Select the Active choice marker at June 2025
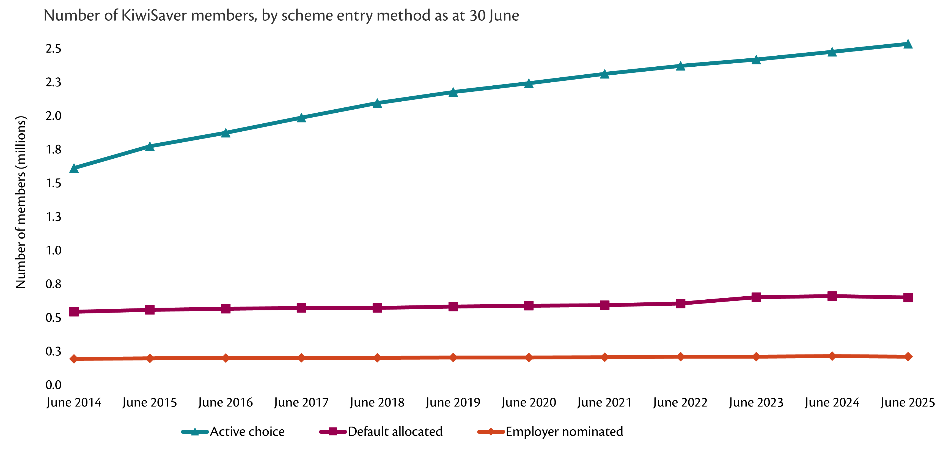tap(908, 44)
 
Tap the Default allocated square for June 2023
tap(756, 297)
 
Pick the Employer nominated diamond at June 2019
tap(453, 357)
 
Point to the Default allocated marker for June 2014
tap(74, 312)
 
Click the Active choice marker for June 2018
tap(377, 103)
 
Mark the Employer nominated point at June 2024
tap(832, 356)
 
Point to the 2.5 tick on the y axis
tap(53, 49)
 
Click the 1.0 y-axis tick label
tap(53, 251)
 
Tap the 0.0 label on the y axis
tap(53, 385)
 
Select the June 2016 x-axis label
tap(226, 403)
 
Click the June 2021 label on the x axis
tap(604, 403)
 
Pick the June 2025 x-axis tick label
tap(908, 403)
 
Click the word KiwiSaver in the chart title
tap(155, 16)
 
